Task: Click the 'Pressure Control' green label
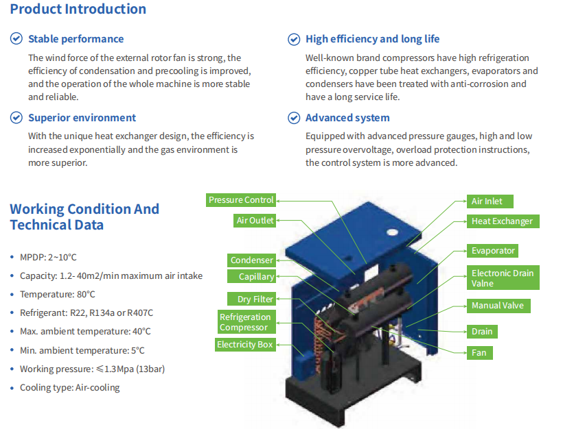[x=241, y=200]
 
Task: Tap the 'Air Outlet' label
[x=255, y=221]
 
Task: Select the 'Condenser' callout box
[x=252, y=260]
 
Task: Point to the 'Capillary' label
[x=252, y=276]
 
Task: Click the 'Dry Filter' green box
[x=252, y=299]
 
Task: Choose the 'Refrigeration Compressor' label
[x=246, y=322]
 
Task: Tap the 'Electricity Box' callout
[x=245, y=345]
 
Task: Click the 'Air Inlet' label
[x=490, y=201]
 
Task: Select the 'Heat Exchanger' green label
[x=503, y=221]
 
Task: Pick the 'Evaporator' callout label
[x=492, y=251]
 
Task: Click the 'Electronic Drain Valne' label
[x=503, y=278]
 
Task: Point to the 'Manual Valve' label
[x=498, y=306]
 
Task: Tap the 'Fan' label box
[x=480, y=353]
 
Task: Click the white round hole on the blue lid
[x=392, y=232]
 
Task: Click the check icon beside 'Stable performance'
[x=16, y=38]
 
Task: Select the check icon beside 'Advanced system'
[x=294, y=118]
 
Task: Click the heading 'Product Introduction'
[x=78, y=9]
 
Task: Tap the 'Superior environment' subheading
[x=82, y=118]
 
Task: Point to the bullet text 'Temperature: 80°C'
[x=58, y=294]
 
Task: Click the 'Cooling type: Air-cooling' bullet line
[x=69, y=387]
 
